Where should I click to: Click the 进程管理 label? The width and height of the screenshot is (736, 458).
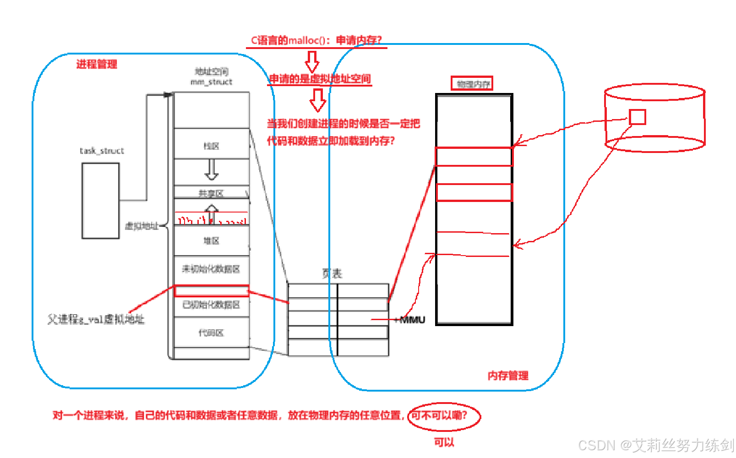(x=97, y=64)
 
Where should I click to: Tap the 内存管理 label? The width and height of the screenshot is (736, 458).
(x=508, y=376)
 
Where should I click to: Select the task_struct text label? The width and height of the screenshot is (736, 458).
(x=102, y=151)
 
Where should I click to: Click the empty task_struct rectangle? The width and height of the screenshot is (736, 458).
(x=101, y=201)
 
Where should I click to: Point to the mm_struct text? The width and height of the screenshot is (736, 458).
(x=211, y=82)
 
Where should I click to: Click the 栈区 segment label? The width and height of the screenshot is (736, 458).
(x=211, y=146)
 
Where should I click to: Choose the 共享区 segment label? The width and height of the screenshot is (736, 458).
(x=211, y=193)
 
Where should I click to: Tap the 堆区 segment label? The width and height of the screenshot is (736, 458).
(x=211, y=240)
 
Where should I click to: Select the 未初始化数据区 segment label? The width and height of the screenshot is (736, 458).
(x=211, y=269)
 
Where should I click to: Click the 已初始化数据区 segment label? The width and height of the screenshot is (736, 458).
(x=211, y=305)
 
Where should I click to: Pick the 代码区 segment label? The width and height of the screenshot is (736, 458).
(x=211, y=333)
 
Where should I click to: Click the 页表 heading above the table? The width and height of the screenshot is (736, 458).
(x=332, y=273)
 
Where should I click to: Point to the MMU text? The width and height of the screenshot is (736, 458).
(x=412, y=320)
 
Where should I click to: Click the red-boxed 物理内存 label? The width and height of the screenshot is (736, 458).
(x=472, y=84)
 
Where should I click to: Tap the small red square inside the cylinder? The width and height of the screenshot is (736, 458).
(x=637, y=117)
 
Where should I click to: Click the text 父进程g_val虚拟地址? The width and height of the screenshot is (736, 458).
(x=96, y=319)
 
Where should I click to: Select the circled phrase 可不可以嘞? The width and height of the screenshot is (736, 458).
(x=439, y=415)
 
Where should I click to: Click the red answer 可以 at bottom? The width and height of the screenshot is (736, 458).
(x=444, y=442)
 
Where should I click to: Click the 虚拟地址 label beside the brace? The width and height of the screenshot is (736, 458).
(x=142, y=226)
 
